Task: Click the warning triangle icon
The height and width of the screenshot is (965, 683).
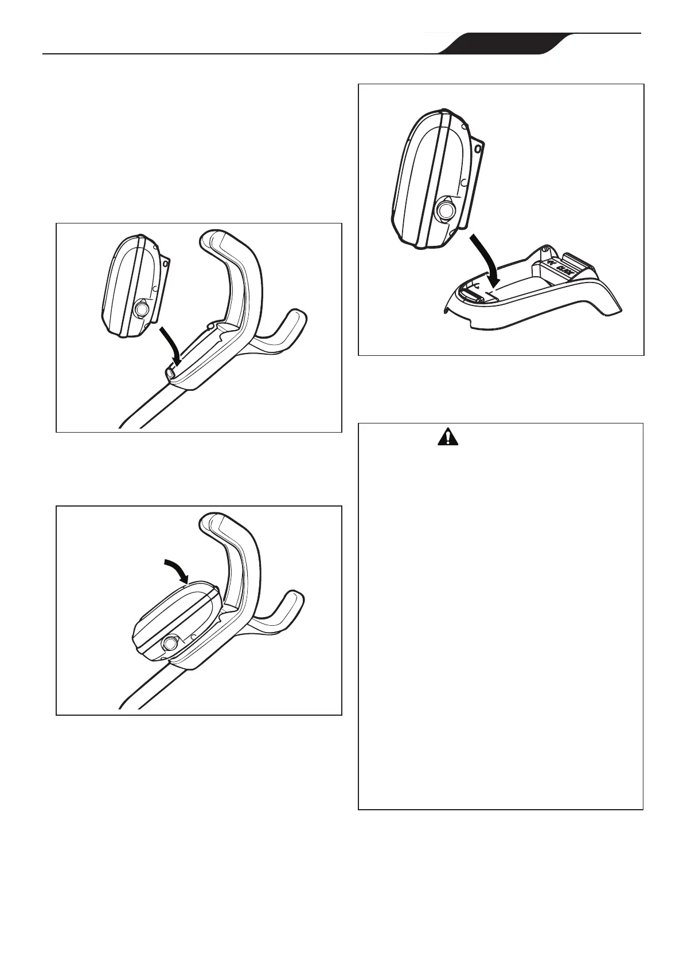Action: tap(448, 438)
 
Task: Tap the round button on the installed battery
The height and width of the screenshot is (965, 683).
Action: tap(170, 644)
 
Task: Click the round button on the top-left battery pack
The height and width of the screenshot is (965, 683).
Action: tap(140, 310)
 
